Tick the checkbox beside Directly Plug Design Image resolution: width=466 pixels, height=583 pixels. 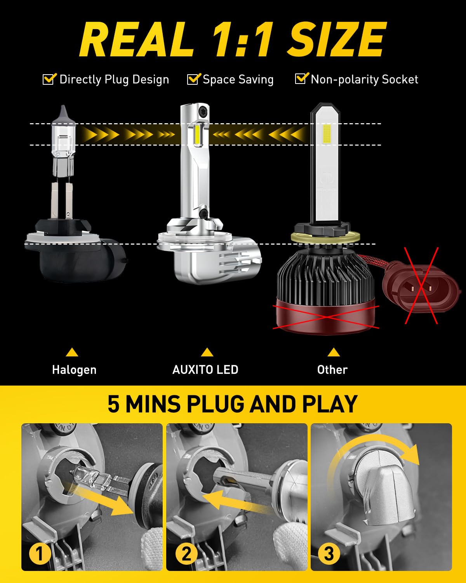coord(49,79)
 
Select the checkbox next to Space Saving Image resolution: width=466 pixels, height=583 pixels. coord(194,79)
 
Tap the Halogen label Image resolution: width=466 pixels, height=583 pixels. coord(74,370)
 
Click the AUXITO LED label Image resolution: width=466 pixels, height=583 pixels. coord(205,370)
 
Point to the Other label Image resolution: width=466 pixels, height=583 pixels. coord(332,370)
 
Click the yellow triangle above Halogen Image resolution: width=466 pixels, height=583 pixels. coord(72,353)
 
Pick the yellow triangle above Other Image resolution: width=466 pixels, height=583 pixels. coord(334,353)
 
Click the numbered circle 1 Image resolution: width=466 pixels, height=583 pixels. coord(40,553)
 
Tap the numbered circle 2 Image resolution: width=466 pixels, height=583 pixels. coord(186,553)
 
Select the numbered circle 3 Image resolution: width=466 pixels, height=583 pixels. coord(329,553)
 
